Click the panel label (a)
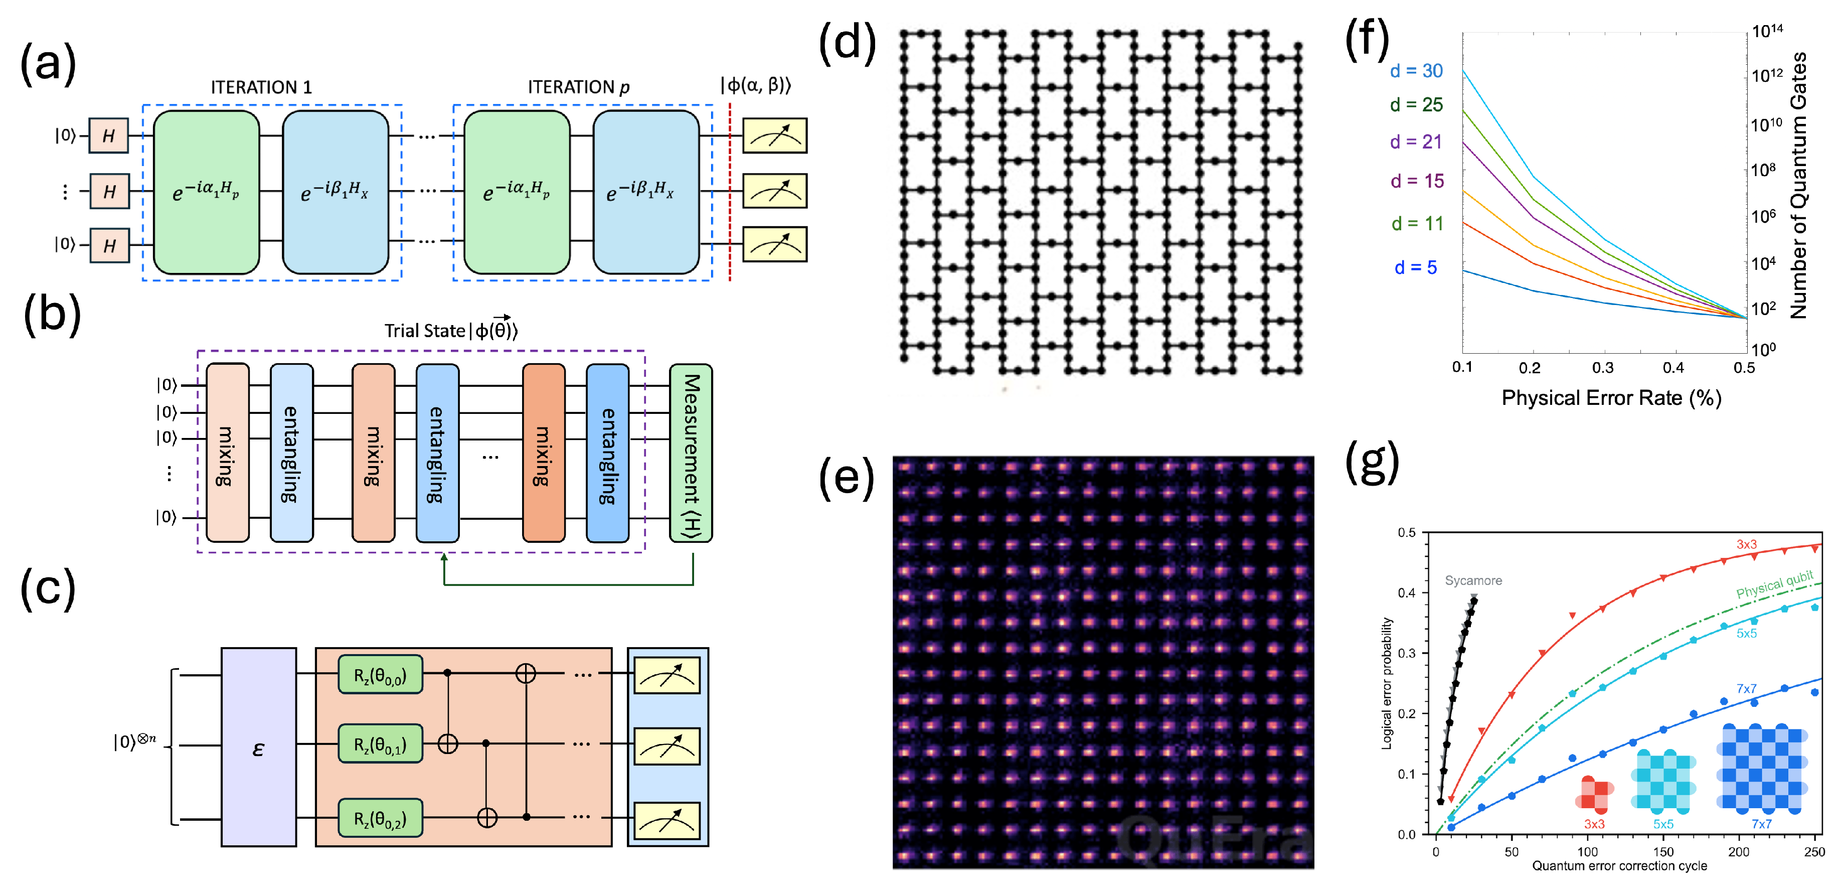click(x=48, y=64)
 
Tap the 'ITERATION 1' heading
click(x=261, y=87)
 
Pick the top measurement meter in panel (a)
click(x=775, y=136)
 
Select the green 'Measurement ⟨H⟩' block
click(x=691, y=453)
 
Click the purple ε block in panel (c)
click(x=258, y=747)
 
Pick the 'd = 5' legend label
click(x=1415, y=268)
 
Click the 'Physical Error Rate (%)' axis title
click(x=1611, y=398)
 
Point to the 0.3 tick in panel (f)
click(x=1603, y=368)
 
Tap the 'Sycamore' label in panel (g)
click(x=1473, y=580)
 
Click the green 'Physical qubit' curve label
click(x=1774, y=584)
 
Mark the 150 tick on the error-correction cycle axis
click(x=1663, y=852)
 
